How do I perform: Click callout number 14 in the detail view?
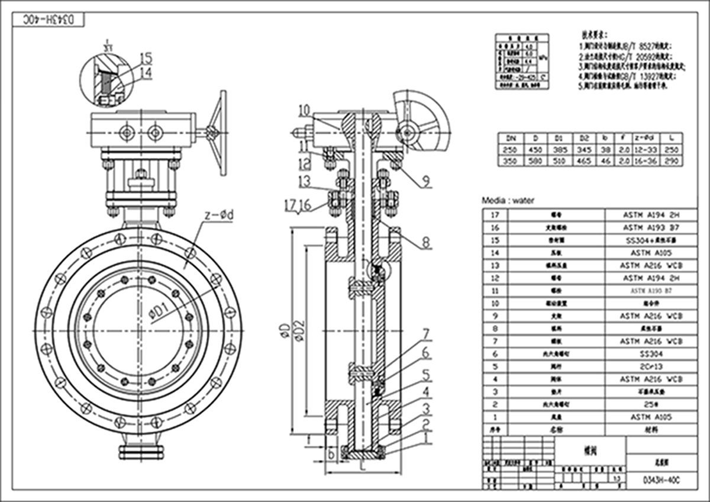[146, 73]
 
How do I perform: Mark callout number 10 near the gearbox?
[304, 110]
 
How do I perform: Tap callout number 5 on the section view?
[425, 375]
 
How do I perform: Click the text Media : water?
[508, 201]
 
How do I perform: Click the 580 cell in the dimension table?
[535, 160]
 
